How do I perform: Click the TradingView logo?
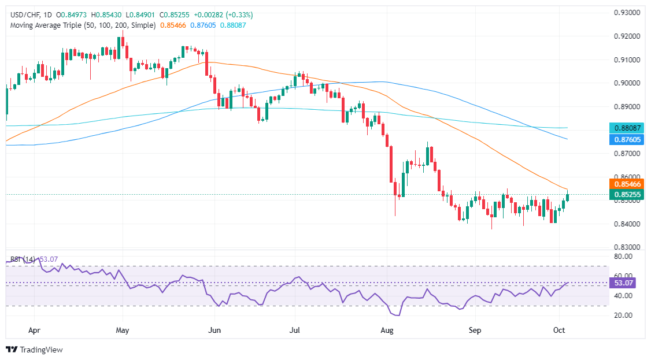pyautogui.click(x=34, y=350)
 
